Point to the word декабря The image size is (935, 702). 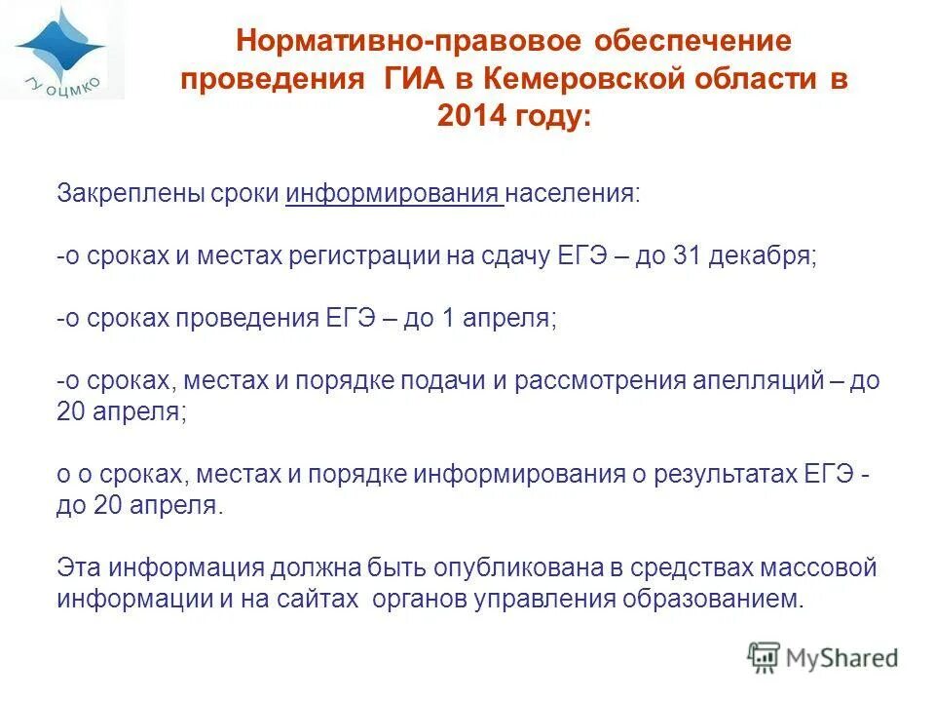(763, 255)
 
